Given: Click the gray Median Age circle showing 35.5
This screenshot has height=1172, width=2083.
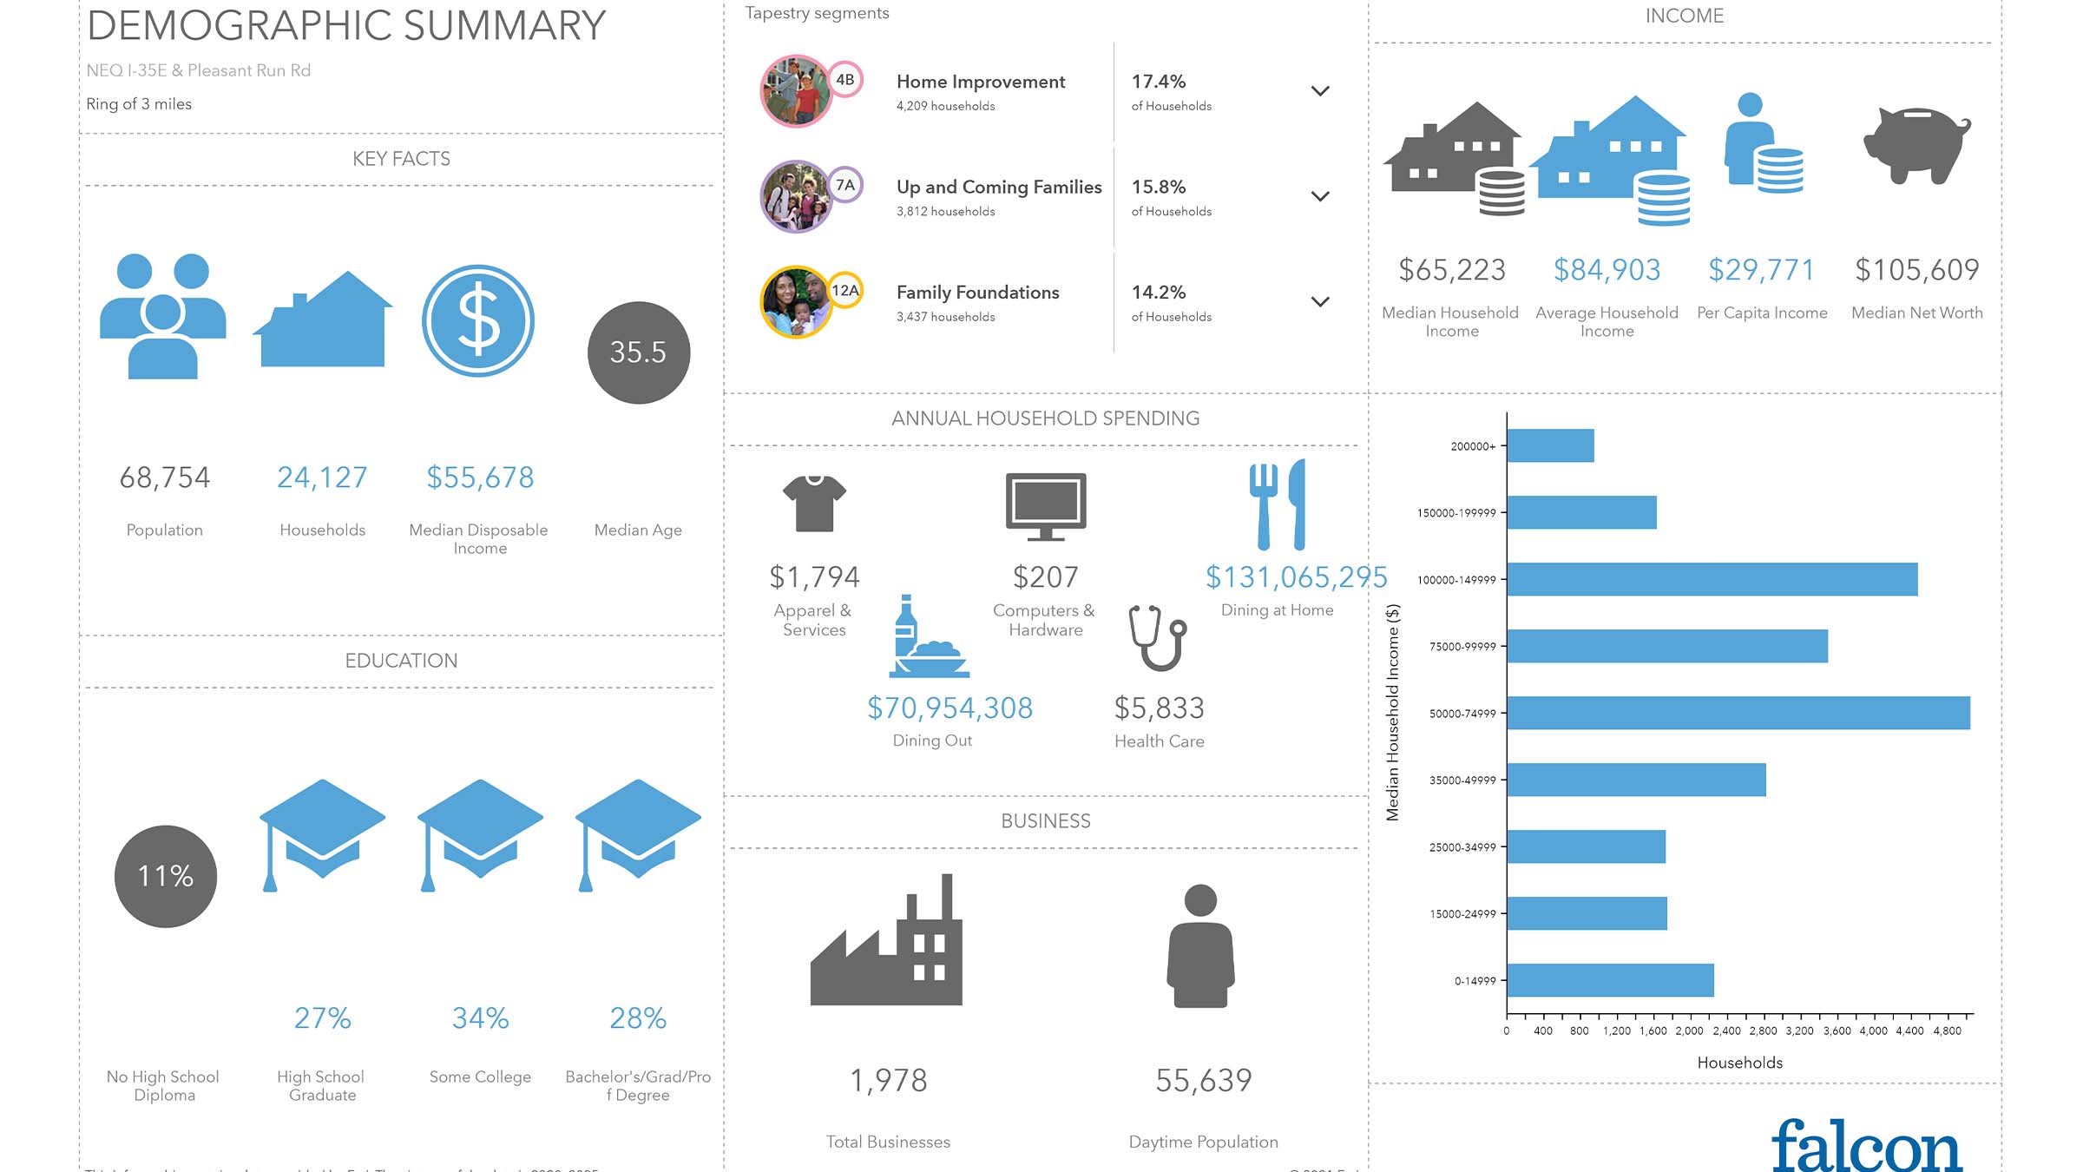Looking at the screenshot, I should coord(638,352).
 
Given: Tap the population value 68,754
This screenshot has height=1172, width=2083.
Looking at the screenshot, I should coord(164,477).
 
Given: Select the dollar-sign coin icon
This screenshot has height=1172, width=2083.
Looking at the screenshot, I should coord(478,320).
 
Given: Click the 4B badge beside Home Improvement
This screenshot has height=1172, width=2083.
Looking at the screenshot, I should coord(844,80).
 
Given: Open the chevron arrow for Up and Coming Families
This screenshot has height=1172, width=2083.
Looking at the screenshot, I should coord(1319,196).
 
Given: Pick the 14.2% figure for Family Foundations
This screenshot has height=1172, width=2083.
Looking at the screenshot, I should coord(1158,293).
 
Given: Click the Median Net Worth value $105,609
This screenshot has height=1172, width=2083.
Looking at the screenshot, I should coord(1916,270).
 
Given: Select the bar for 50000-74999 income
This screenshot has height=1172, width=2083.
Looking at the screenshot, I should coord(1738,713).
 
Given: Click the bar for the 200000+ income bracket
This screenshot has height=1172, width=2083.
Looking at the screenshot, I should coord(1550,445).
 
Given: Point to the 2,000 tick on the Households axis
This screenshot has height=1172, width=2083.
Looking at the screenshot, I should coord(1689,1031).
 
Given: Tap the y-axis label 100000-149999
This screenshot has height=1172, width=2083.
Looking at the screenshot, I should coord(1456,580).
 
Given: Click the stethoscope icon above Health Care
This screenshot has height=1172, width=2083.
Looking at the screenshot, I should coord(1158,638).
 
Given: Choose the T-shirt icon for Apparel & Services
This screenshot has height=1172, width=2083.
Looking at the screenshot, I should coord(813,503).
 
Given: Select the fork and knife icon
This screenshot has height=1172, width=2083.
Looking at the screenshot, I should coord(1277,504).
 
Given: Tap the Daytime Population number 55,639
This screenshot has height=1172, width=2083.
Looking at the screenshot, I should coord(1203,1081).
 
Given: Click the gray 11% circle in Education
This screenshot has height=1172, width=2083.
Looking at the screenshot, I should coord(165,876).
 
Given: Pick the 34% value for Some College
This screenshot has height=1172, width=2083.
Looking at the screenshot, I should coord(480,1018).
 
